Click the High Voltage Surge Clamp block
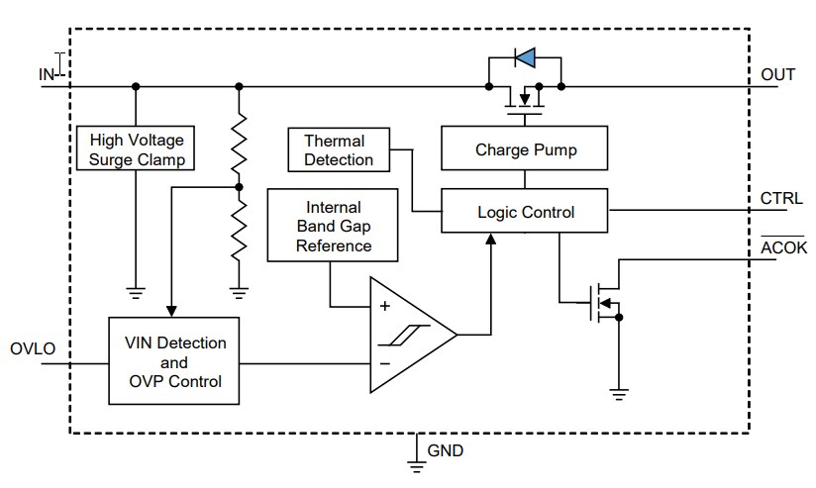(x=137, y=149)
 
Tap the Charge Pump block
(x=525, y=150)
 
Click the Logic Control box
(x=525, y=212)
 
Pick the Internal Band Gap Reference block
(x=333, y=227)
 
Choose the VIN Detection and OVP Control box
(x=173, y=361)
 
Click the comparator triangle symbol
(x=406, y=334)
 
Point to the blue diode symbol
(x=525, y=59)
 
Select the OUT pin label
(x=777, y=74)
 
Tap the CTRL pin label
(x=780, y=199)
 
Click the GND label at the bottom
(x=445, y=451)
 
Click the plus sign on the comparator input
(x=384, y=307)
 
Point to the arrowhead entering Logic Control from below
(x=489, y=239)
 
